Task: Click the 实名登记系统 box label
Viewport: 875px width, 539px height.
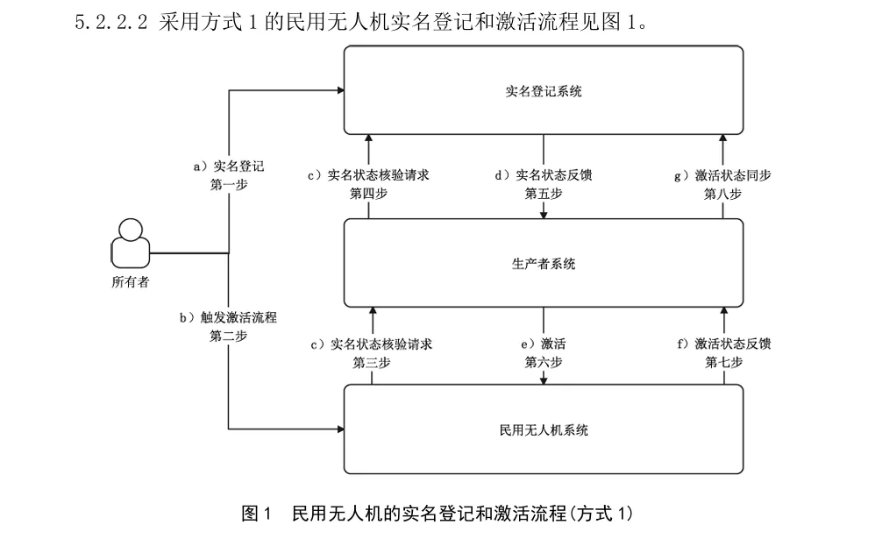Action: click(544, 91)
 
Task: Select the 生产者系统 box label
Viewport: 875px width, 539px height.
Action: click(544, 264)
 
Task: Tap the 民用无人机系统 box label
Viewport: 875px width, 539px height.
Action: click(544, 430)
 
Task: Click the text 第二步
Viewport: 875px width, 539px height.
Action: click(228, 336)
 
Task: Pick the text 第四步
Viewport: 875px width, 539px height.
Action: click(369, 194)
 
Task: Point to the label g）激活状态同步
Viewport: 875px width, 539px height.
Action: click(722, 174)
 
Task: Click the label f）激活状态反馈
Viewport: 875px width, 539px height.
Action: click(723, 343)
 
